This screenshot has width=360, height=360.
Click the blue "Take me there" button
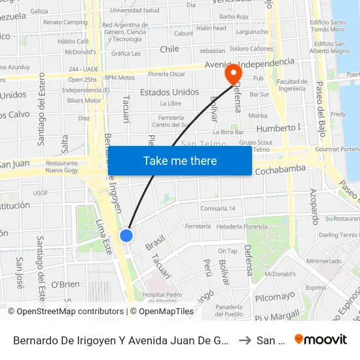[x=179, y=161]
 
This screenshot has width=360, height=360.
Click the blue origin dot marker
[x=126, y=236]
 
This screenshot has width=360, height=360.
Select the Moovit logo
[x=321, y=339]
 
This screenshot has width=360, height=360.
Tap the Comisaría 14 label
[x=218, y=208]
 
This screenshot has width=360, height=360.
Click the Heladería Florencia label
[x=242, y=226]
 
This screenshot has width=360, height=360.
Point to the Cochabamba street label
[x=281, y=170]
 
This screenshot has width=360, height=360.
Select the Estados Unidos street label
[x=170, y=92]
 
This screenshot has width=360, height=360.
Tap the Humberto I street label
[x=278, y=128]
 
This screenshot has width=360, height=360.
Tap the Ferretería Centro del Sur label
[x=170, y=121]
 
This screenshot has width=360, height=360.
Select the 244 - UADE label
[x=82, y=69]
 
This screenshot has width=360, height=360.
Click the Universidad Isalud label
[x=134, y=10]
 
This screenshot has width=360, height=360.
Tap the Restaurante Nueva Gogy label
[x=62, y=166]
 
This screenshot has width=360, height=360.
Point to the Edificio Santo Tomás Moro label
[x=329, y=26]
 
